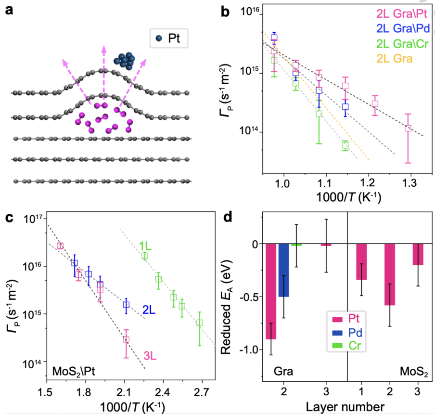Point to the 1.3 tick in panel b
410,183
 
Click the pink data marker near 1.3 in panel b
408,129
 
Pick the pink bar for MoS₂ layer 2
390,274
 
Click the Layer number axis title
345,407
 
